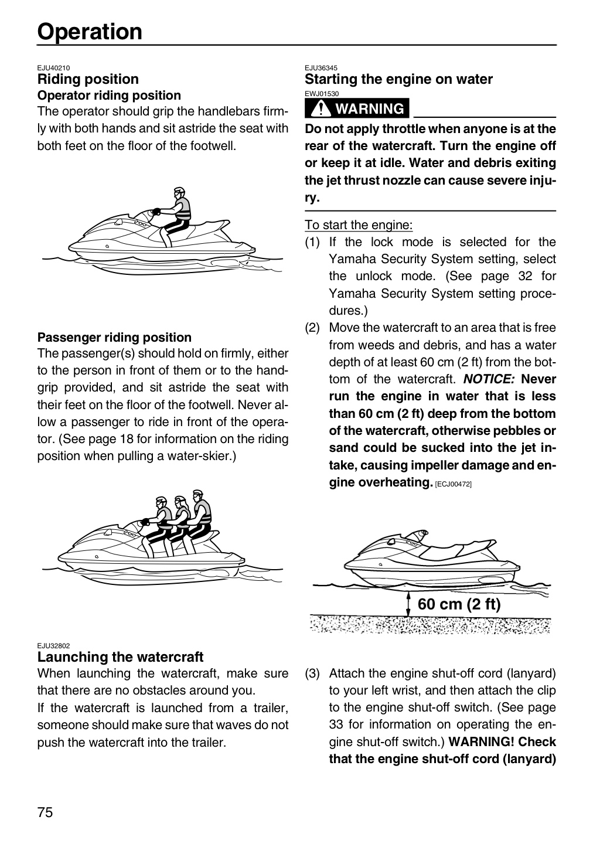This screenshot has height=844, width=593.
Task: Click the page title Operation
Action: (x=90, y=32)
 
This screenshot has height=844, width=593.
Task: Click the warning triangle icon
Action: (x=321, y=108)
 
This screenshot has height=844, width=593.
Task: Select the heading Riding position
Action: (x=88, y=79)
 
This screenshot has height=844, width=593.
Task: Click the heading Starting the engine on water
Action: (x=398, y=79)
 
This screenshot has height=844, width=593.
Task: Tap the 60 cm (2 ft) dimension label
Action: (x=459, y=604)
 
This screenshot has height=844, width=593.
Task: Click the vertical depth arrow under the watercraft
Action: (x=408, y=604)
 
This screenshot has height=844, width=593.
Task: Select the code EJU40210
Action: (x=53, y=68)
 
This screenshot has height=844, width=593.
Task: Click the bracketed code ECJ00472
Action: (x=453, y=484)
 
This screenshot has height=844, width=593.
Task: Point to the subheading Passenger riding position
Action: (x=114, y=337)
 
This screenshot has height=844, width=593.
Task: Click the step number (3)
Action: (x=312, y=673)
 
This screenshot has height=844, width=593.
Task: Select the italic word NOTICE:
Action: (x=489, y=379)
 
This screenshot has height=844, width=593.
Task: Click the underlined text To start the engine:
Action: (x=359, y=225)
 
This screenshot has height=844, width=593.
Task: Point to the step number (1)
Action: (x=312, y=242)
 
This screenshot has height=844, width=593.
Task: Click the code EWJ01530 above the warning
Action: (x=322, y=93)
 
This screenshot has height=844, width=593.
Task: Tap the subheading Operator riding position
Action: (x=109, y=96)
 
